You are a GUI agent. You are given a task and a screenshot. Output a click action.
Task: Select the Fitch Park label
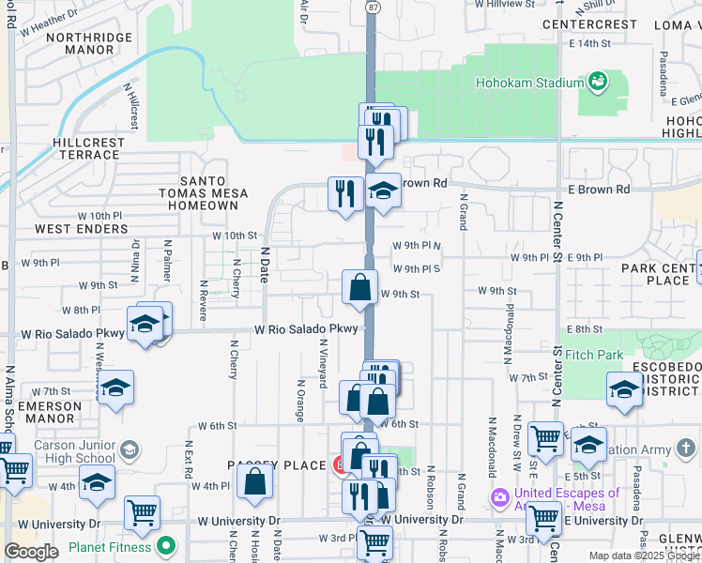(593, 356)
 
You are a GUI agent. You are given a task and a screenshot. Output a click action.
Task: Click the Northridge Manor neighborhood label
(89, 44)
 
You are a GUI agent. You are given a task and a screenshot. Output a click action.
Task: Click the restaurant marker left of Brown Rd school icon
(345, 193)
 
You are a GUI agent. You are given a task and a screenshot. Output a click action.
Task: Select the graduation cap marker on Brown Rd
(383, 190)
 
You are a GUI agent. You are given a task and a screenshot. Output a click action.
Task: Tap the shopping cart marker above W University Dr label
(142, 512)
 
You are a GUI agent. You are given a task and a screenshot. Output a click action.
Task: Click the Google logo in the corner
(31, 552)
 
